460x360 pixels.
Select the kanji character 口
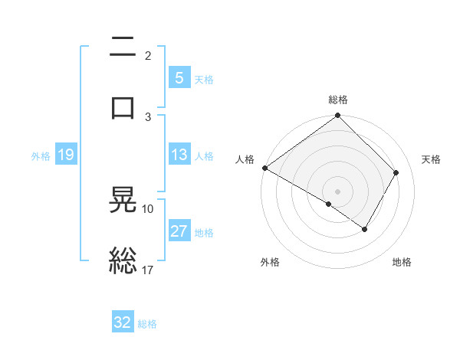pos(123,107)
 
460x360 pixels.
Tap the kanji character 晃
pos(123,201)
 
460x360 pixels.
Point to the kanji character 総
pos(123,260)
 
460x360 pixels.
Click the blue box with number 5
pos(179,77)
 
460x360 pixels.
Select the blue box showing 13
pos(179,155)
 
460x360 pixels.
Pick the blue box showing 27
pos(179,231)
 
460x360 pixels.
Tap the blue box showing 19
pos(65,155)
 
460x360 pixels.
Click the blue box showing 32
pos(123,322)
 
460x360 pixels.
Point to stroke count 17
pos(149,269)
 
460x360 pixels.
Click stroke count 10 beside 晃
pos(148,208)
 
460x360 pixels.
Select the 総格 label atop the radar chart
pos(338,100)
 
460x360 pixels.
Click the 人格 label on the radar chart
pos(245,159)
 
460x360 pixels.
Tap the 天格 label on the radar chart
pos(432,159)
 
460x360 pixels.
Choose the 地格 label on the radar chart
pos(402,263)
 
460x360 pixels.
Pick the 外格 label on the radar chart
pos(270,263)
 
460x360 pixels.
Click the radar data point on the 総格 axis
pos(337,116)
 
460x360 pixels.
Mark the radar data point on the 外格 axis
pos(329,204)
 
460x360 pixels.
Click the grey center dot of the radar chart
pos(337,191)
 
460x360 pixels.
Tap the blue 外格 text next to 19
pos(41,155)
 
